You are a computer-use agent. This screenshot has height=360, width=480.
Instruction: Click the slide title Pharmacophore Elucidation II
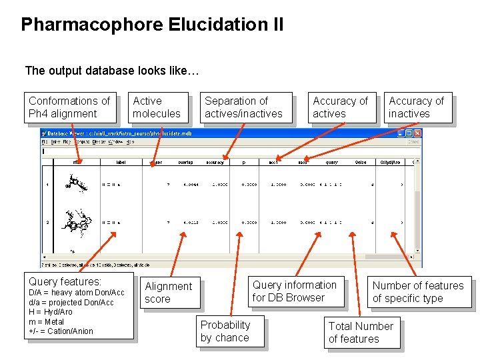pos(152,25)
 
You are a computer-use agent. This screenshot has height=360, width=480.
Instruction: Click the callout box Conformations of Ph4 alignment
pos(69,107)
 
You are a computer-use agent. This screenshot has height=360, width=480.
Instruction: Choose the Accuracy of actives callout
pos(340,107)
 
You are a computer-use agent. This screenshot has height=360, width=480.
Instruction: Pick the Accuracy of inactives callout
pos(416,107)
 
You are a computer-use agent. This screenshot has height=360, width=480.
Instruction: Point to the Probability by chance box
pos(225,331)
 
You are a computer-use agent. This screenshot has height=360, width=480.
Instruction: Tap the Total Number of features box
pos(361,332)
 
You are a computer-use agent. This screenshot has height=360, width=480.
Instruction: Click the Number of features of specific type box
pos(418,292)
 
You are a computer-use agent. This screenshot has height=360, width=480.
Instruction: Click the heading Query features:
pos(65,282)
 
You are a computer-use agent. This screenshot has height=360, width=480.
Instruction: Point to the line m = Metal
pos(47,321)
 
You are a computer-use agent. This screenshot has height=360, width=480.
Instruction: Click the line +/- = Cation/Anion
pos(61,331)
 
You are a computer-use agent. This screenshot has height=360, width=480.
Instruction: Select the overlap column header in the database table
pos(185,161)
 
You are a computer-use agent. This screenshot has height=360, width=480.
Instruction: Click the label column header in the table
pos(121,161)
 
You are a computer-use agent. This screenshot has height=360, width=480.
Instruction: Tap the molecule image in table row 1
pos(75,183)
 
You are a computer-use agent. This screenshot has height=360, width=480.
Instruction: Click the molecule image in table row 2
pos(75,222)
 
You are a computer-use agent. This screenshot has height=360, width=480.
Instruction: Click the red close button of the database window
pos(417,133)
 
